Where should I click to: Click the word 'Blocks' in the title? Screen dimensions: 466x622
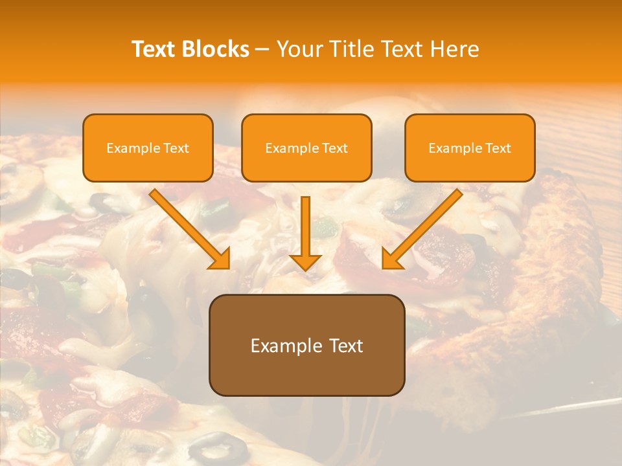click(216, 49)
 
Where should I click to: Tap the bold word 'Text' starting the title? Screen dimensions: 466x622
click(155, 49)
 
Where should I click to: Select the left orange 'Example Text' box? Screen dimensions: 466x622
click(148, 148)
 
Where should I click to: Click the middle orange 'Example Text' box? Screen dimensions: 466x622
click(306, 148)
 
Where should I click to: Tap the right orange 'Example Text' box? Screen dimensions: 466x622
click(470, 148)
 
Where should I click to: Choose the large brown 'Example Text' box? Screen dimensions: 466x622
click(306, 345)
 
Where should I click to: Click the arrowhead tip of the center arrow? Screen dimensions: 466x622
click(305, 268)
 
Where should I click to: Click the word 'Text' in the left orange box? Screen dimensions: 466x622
click(176, 148)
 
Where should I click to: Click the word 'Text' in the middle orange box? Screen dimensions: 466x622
click(335, 148)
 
